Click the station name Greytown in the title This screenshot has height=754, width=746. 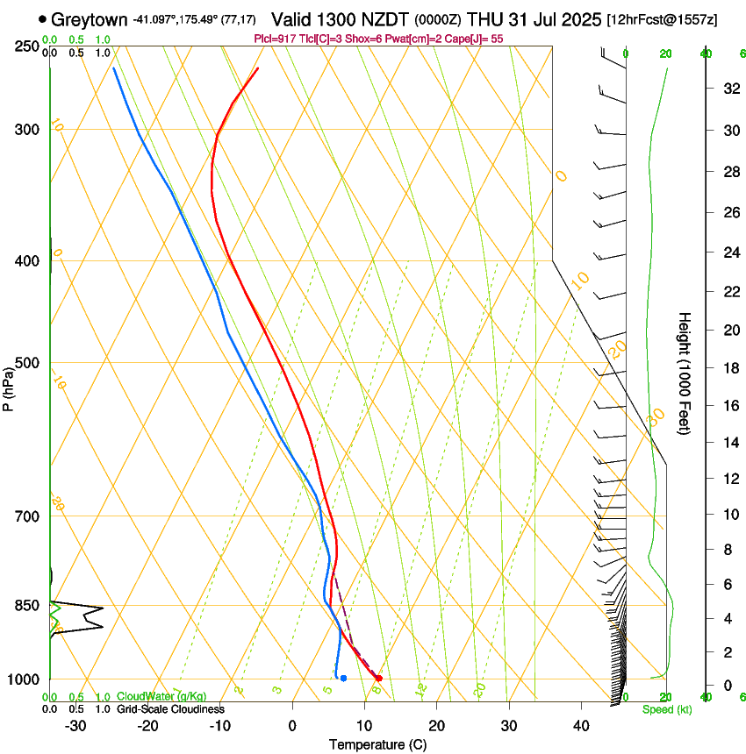[90, 19]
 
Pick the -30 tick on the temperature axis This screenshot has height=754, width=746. [75, 725]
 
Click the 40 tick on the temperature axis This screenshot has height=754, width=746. [580, 725]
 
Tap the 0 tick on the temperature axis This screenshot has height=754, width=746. [292, 725]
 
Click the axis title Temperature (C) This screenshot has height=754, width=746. [377, 744]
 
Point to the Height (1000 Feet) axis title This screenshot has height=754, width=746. [685, 373]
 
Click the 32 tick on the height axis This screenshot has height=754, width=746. [728, 89]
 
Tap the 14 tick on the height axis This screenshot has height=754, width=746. [728, 444]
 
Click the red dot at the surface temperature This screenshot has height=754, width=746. [378, 678]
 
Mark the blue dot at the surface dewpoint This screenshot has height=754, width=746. [343, 678]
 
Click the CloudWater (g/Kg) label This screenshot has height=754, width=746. [161, 696]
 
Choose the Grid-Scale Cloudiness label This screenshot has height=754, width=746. [170, 708]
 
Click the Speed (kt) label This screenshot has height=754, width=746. [667, 709]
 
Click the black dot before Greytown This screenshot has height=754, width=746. [43, 19]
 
